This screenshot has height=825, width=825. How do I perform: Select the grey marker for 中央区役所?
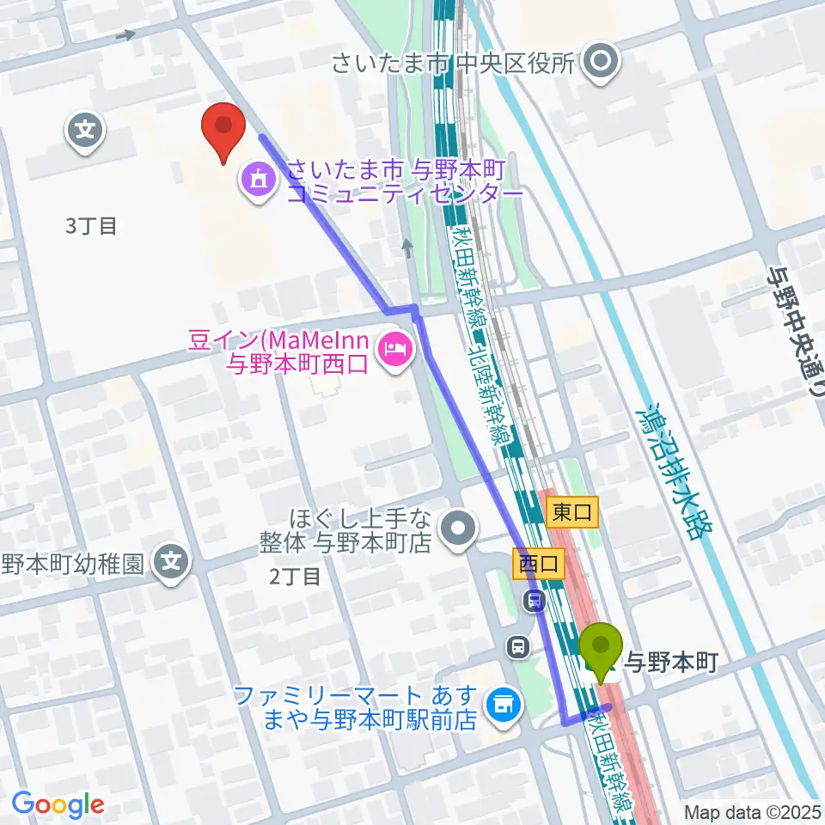[600, 62]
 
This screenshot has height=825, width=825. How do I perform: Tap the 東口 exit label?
[571, 513]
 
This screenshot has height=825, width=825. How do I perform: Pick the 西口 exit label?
[540, 564]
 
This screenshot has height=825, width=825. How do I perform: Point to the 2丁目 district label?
[295, 576]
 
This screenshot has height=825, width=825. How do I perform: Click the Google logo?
[58, 804]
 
